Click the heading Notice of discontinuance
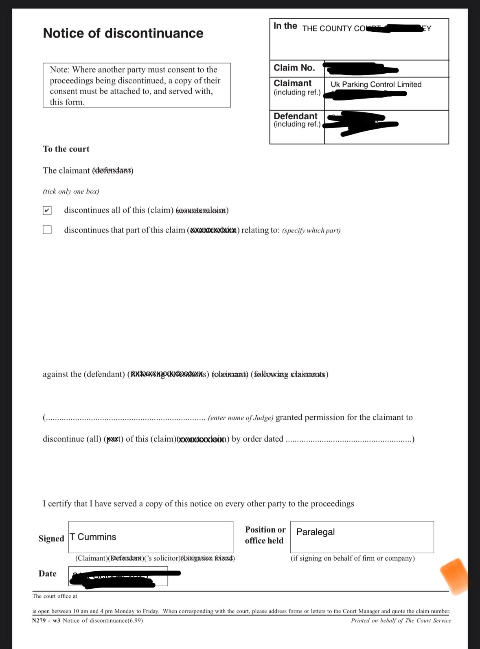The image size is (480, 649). coord(123,33)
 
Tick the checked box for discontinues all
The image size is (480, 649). coord(47,210)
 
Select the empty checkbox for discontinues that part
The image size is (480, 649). coord(47,230)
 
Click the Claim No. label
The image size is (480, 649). coord(294,68)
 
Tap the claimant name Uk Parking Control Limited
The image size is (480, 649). coord(376,84)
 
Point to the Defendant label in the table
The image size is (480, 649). coord(295,116)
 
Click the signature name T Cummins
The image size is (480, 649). coord(93,537)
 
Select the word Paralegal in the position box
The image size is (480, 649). coord(316,532)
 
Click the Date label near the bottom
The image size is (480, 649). coord(48,574)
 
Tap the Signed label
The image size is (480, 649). coord(51,539)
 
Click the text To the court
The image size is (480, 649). coord(66,149)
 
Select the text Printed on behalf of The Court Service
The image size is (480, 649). coord(401,620)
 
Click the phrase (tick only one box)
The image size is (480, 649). coord(71,191)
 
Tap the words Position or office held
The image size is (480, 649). coord(265,535)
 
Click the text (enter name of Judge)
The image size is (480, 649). coord(241,418)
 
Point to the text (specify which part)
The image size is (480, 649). coord(311,230)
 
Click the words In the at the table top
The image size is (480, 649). coord(285,26)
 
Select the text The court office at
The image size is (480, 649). coord(55,596)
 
